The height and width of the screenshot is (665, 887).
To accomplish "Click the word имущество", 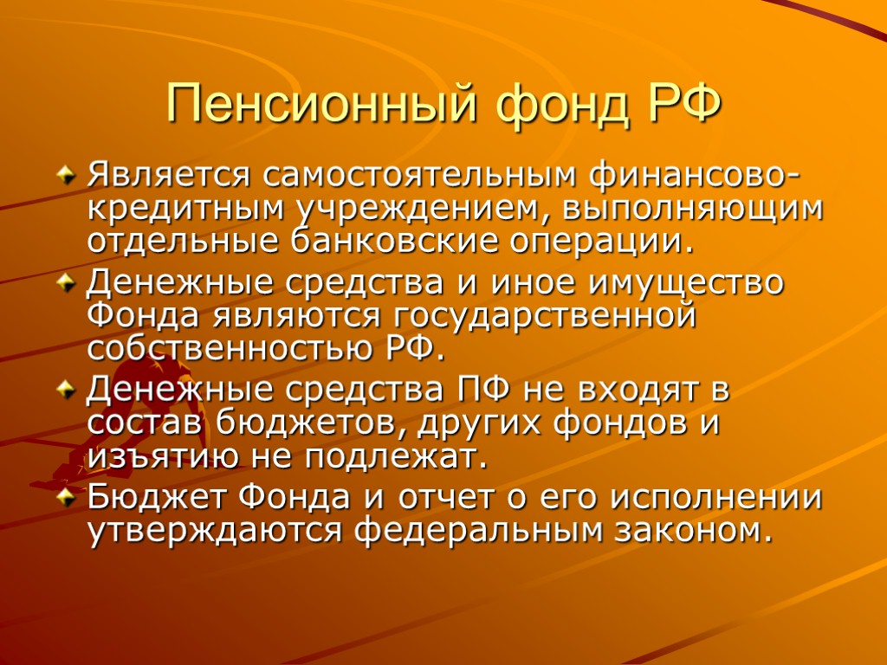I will [683, 283].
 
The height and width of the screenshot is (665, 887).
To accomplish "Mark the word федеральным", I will [480, 530].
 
